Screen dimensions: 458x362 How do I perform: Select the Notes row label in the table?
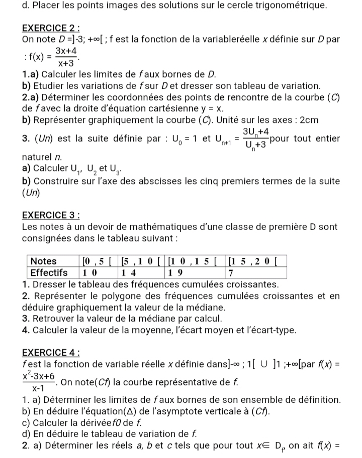(x=44, y=261)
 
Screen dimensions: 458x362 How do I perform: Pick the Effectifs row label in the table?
(x=49, y=272)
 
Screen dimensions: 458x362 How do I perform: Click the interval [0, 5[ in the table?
(x=95, y=261)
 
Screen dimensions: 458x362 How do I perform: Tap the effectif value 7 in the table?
(x=231, y=272)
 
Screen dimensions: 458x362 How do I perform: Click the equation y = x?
(x=213, y=108)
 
